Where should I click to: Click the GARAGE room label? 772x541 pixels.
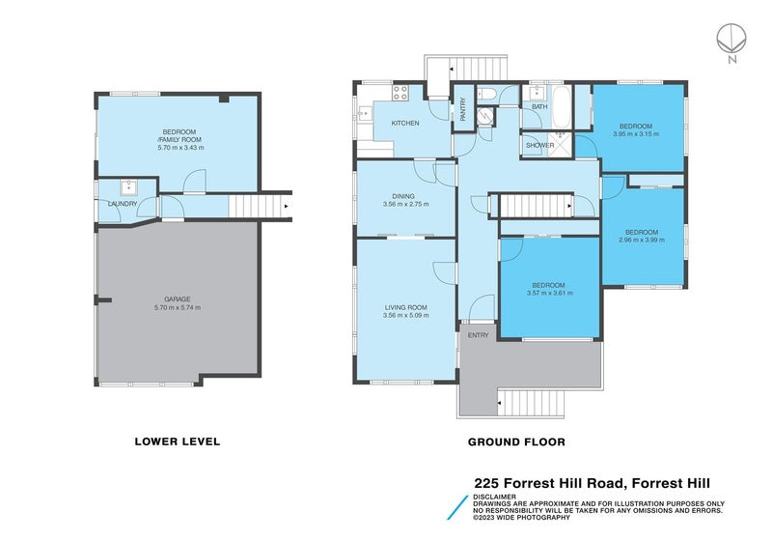coord(177,299)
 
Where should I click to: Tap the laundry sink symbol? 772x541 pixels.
coord(128,188)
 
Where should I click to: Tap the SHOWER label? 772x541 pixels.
coord(539,146)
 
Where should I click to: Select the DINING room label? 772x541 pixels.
coord(404,196)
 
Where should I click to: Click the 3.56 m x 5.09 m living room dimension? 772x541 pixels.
coord(405,316)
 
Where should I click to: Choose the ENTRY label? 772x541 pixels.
coord(478,335)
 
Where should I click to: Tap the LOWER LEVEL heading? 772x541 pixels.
coord(177,441)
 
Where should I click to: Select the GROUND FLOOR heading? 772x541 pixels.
coord(516,441)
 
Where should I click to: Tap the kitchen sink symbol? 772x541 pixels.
coord(364,113)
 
